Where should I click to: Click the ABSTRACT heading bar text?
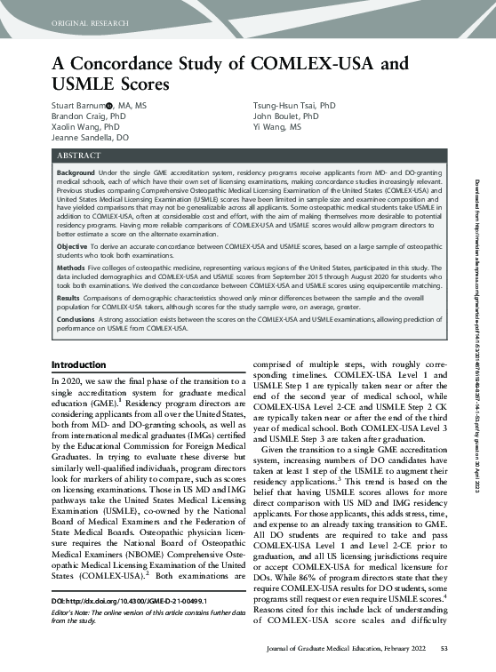(78, 180)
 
